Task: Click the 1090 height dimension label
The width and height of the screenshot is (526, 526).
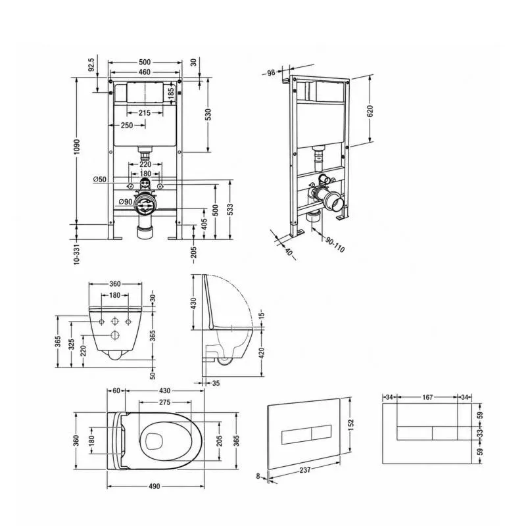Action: click(77, 147)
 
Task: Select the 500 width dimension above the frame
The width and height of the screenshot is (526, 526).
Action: click(145, 62)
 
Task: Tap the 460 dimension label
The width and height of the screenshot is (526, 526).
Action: click(145, 72)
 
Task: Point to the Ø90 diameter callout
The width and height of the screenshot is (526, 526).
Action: click(126, 202)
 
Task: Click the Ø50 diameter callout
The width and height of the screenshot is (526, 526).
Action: click(100, 179)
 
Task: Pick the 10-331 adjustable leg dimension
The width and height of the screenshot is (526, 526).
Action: click(77, 254)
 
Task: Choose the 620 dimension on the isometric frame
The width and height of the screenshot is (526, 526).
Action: click(370, 110)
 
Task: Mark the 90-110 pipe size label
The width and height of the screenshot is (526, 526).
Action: click(335, 244)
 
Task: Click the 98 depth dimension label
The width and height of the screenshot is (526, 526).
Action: click(271, 73)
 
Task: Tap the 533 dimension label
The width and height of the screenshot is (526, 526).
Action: click(229, 210)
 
